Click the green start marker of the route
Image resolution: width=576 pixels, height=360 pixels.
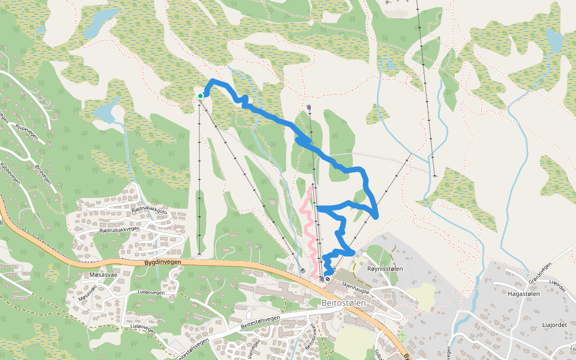[x=200, y=95]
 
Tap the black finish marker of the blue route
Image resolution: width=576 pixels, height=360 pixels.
[x=328, y=278]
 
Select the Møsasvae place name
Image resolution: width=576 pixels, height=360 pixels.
[x=100, y=274]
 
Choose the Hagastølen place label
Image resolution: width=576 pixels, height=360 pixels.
[x=524, y=293]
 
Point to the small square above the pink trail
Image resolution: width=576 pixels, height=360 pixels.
[x=308, y=108]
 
